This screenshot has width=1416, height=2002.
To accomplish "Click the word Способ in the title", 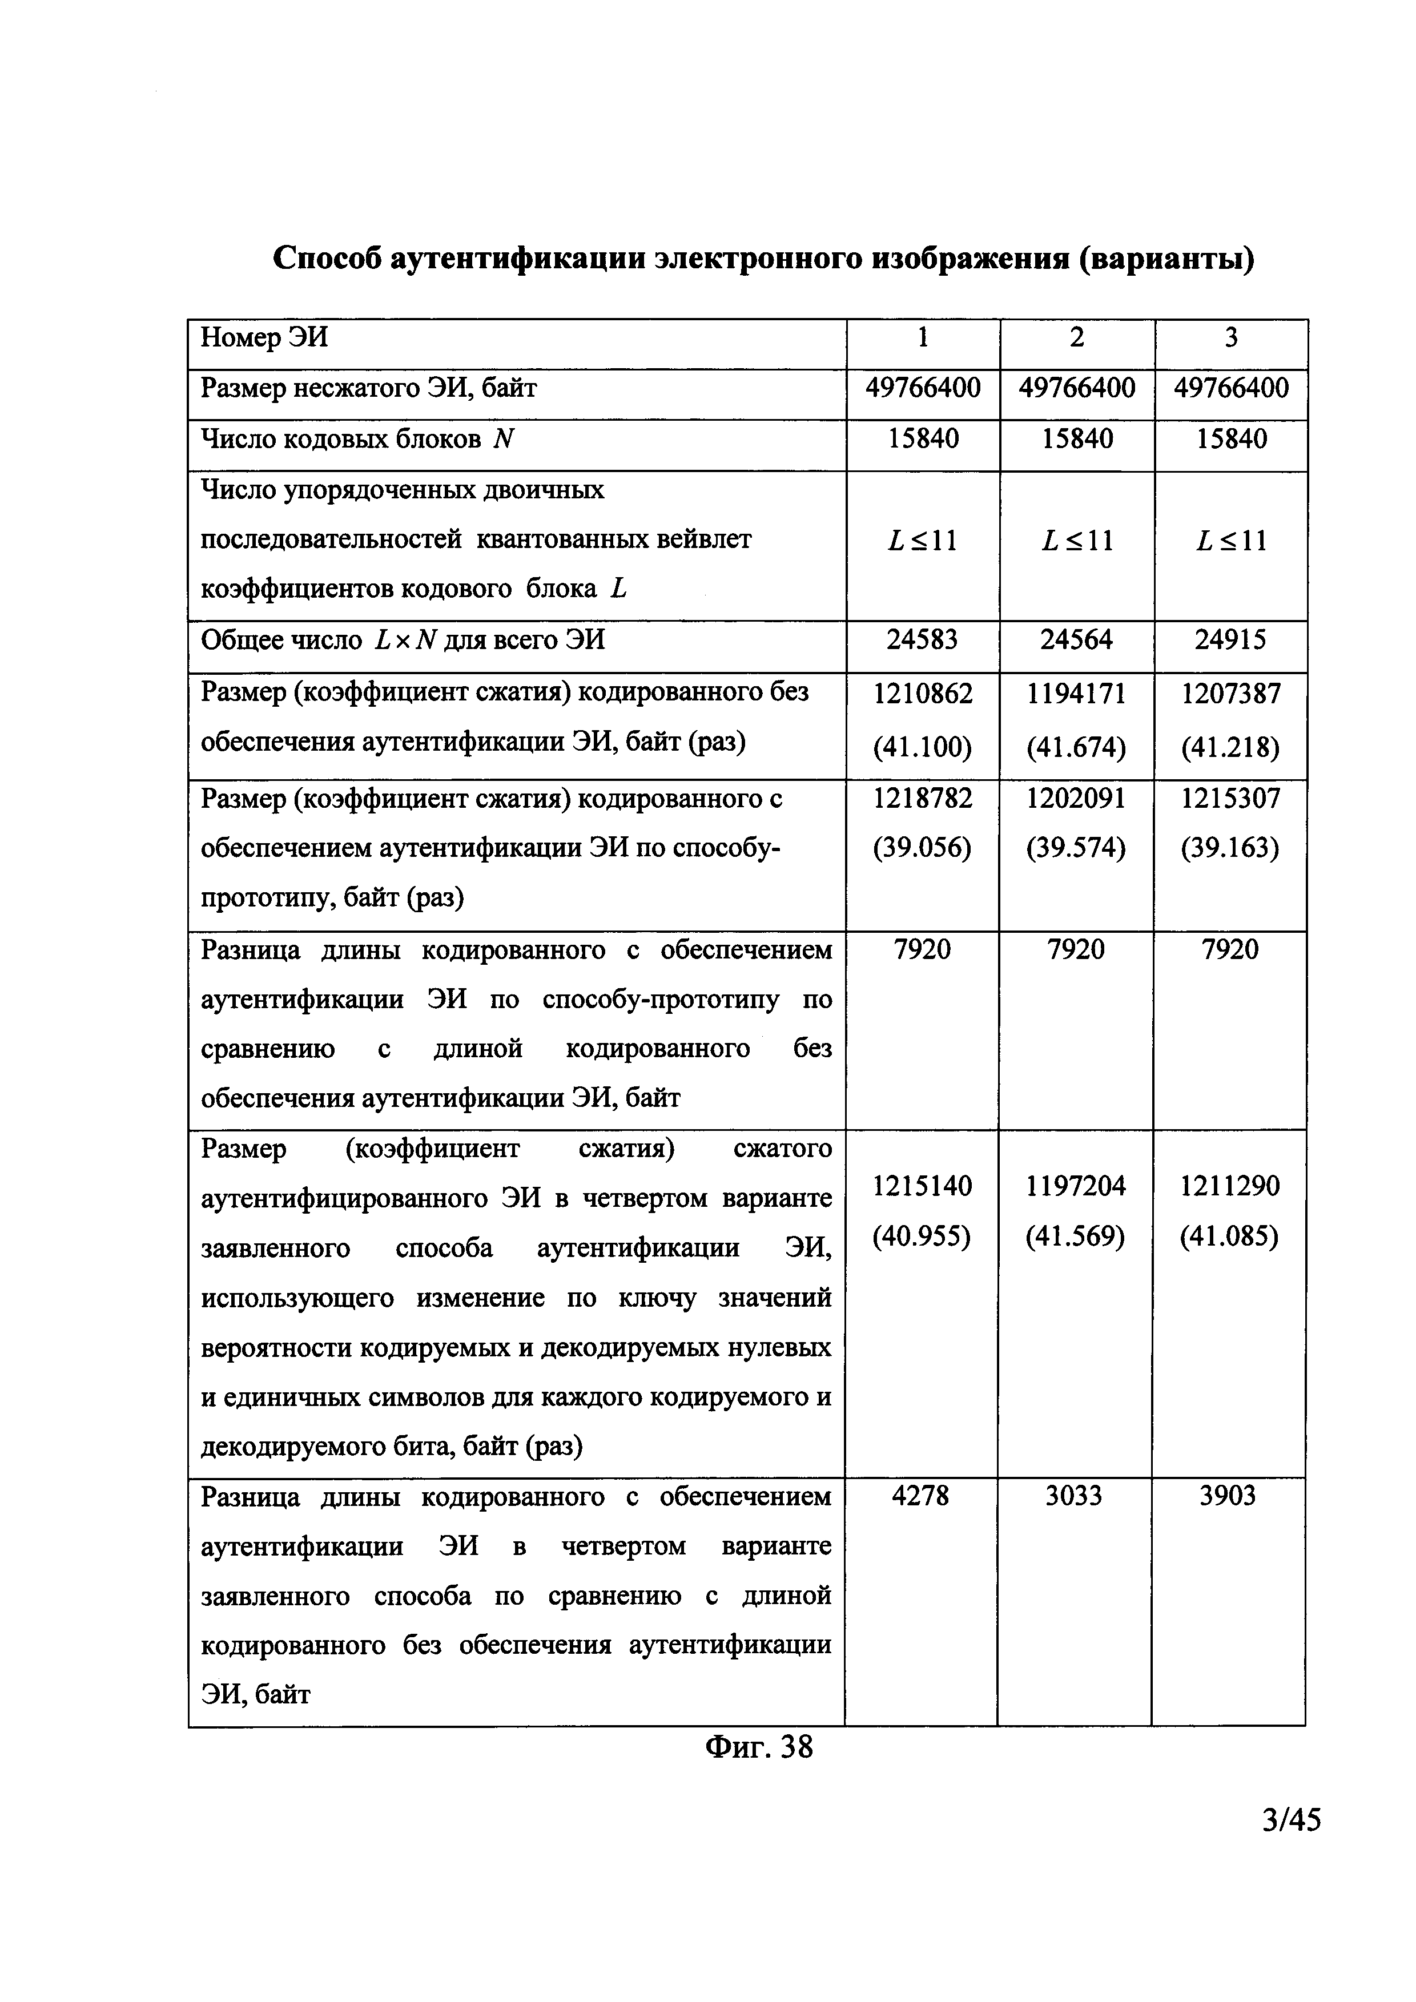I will [x=327, y=259].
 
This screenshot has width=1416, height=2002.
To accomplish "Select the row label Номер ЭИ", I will [x=264, y=337].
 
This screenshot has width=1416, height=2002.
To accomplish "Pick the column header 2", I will [x=1077, y=337].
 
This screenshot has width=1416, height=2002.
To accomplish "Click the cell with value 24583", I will [x=923, y=641].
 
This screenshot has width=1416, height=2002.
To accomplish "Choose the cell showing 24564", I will [x=1077, y=641].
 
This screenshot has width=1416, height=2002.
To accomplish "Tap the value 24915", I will [x=1231, y=641].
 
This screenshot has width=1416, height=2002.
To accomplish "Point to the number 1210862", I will [x=923, y=694].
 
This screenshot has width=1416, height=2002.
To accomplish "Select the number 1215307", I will [x=1231, y=799].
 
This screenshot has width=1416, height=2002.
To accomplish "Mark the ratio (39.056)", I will [x=923, y=848].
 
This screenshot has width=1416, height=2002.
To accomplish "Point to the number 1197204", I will [x=1076, y=1186].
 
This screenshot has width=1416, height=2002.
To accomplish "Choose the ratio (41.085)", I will [x=1229, y=1236].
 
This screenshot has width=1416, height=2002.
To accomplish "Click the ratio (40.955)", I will [x=922, y=1236].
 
